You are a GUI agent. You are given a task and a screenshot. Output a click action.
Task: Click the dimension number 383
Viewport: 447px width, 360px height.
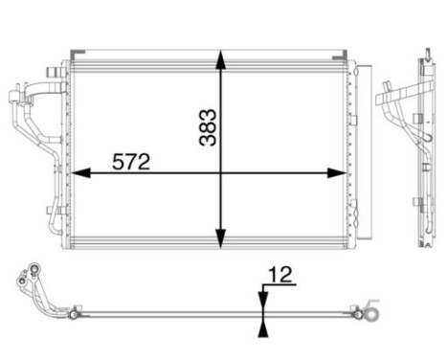209,125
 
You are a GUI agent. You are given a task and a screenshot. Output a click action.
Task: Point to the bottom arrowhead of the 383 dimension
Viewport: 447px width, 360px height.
222,240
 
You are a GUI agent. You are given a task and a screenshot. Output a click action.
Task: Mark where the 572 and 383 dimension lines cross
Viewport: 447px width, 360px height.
222,173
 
